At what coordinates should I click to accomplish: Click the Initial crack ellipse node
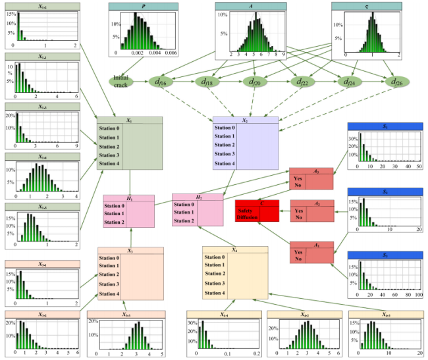(x=122, y=82)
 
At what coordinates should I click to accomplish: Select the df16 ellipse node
(x=161, y=82)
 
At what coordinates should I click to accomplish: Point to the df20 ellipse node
(x=254, y=82)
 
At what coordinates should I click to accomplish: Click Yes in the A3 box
(x=298, y=177)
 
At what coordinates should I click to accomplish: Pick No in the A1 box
(x=298, y=258)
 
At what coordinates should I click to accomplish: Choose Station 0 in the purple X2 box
(x=224, y=128)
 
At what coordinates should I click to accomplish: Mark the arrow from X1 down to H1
(x=130, y=182)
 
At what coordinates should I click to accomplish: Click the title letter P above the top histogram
(x=143, y=5)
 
